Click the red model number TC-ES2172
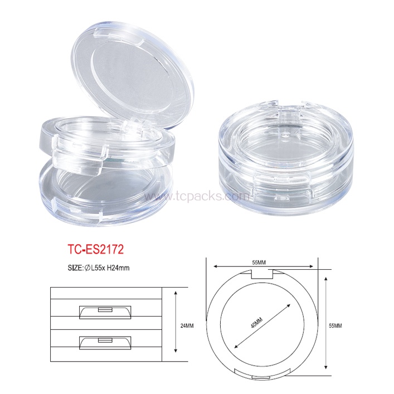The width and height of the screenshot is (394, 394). [96, 250]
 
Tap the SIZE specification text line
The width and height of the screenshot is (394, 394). [99, 268]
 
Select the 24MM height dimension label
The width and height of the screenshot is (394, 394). [187, 325]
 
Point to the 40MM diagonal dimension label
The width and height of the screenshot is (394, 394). [256, 323]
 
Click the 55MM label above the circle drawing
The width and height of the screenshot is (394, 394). [259, 262]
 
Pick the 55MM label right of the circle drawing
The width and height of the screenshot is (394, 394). [335, 325]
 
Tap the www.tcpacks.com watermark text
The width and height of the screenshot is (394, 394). [197, 196]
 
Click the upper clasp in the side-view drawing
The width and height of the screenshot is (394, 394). [105, 312]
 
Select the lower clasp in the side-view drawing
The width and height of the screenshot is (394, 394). [105, 343]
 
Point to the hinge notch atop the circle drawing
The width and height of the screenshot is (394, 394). [262, 274]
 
